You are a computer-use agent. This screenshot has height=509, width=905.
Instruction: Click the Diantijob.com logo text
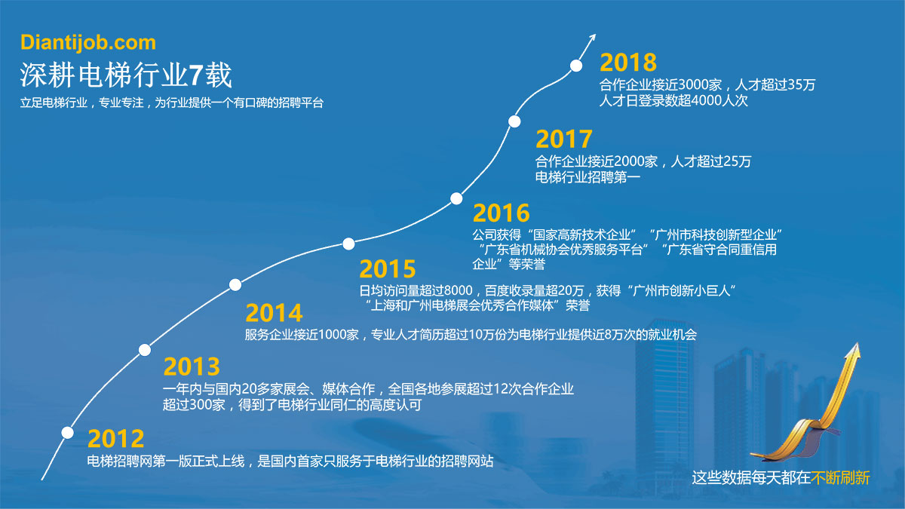[88, 43]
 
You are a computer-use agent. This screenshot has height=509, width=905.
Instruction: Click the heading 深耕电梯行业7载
[126, 75]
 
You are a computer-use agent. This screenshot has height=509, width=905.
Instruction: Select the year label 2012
[116, 439]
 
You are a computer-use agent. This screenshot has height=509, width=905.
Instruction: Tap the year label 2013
[192, 366]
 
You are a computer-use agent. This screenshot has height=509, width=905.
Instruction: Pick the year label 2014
[274, 313]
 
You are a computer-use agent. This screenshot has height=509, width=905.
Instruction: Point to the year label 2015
[388, 269]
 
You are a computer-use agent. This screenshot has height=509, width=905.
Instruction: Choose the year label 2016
[501, 213]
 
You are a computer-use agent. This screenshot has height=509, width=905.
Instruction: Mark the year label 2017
[564, 139]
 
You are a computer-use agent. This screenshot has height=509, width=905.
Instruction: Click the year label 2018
[628, 62]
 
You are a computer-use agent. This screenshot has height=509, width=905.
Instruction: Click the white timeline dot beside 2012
[67, 433]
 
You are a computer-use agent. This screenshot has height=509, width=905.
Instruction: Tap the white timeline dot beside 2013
[145, 350]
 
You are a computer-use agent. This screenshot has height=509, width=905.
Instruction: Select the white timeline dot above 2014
[235, 285]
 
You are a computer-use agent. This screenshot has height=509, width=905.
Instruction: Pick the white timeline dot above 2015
[348, 244]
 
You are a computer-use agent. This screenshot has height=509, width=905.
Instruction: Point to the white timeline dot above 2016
[456, 199]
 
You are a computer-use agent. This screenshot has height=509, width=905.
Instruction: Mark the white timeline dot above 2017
[514, 121]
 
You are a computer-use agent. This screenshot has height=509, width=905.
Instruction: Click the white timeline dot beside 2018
[576, 66]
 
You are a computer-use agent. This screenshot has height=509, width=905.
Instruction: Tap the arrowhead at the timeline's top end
[593, 38]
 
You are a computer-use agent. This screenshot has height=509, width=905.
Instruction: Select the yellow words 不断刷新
[840, 478]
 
